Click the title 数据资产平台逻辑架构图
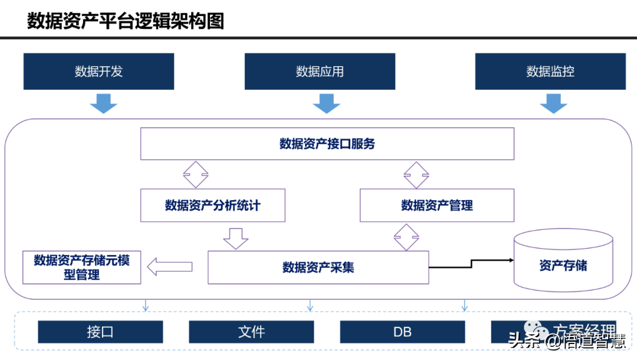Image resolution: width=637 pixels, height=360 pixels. pos(126,21)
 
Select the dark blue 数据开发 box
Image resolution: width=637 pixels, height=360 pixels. pos(98,71)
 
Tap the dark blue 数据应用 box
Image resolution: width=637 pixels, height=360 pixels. pos(320,71)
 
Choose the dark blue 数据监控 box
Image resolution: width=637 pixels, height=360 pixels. pos(550,71)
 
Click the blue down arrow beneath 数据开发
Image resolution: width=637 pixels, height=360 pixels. pos(103,104)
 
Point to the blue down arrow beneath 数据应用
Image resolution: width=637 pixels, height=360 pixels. pos(326,104)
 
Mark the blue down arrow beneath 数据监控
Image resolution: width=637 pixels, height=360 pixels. pos(553,104)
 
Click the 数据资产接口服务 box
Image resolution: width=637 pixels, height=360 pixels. pos(327,144)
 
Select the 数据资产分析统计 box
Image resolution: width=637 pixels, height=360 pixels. pos(212,205)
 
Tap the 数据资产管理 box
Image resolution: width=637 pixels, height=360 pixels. pos(436,205)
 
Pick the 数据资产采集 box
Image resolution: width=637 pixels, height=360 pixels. pos(318,267)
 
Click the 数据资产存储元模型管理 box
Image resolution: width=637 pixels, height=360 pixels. pos(81,267)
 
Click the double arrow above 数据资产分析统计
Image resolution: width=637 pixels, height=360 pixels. pos(196,174)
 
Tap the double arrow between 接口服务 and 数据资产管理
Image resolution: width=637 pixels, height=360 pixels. pos(416,174)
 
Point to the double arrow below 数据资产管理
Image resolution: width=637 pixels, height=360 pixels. pos(407,236)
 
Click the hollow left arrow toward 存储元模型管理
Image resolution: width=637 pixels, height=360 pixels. pos(170,267)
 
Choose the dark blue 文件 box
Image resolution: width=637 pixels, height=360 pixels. pos(251,332)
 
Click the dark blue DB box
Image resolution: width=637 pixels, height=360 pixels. pos(402,332)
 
